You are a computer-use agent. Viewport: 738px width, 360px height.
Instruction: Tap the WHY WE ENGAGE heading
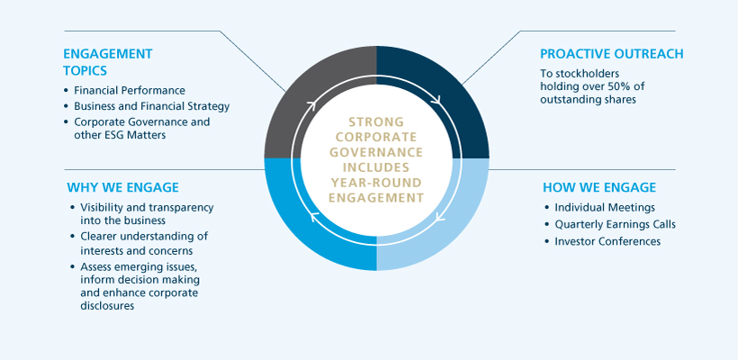122,187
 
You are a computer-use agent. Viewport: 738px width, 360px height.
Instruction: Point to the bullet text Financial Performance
130,90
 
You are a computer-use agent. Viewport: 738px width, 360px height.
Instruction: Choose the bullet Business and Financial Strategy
152,105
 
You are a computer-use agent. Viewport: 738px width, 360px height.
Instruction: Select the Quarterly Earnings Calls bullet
615,224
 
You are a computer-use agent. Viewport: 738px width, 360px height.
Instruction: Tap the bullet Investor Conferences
607,240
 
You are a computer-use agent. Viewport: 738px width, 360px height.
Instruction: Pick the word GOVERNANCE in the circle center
376,152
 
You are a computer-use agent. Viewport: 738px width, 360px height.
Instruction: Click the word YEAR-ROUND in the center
376,183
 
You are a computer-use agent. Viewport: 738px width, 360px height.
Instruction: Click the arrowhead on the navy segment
439,100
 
